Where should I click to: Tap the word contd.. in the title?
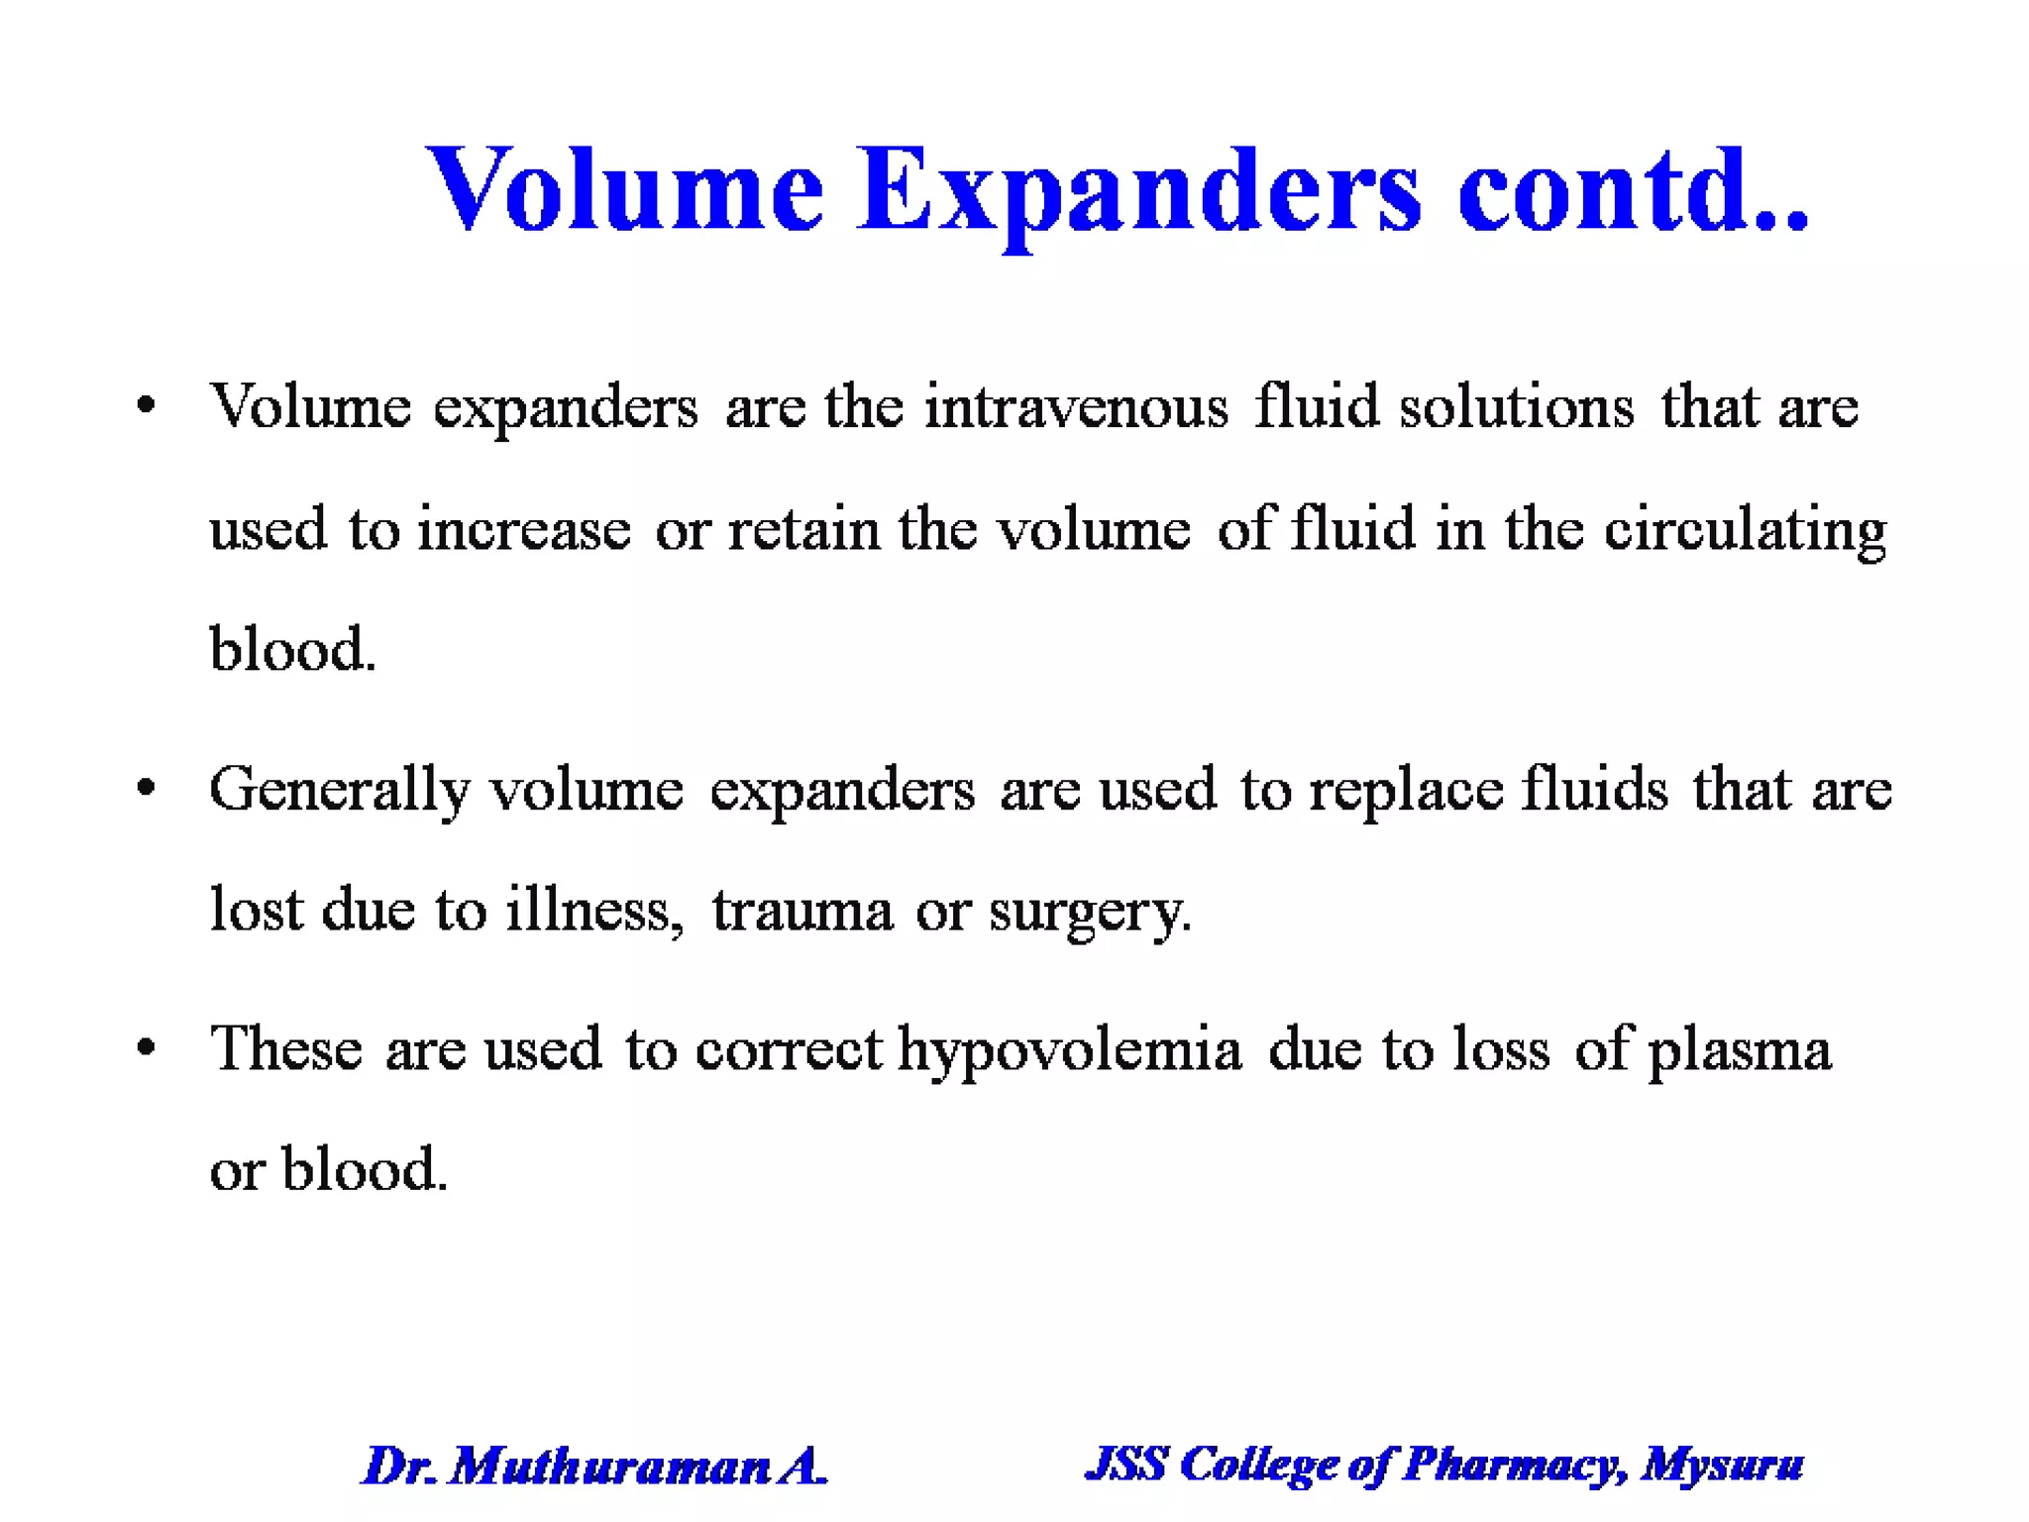pyautogui.click(x=1633, y=190)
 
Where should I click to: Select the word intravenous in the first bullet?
pyautogui.click(x=1076, y=407)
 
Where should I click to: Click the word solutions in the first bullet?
pyautogui.click(x=1516, y=407)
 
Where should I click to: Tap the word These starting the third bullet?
pyautogui.click(x=286, y=1048)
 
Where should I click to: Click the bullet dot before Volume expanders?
pyautogui.click(x=147, y=405)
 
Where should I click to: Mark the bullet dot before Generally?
pyautogui.click(x=147, y=789)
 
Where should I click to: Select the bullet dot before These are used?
pyautogui.click(x=147, y=1047)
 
